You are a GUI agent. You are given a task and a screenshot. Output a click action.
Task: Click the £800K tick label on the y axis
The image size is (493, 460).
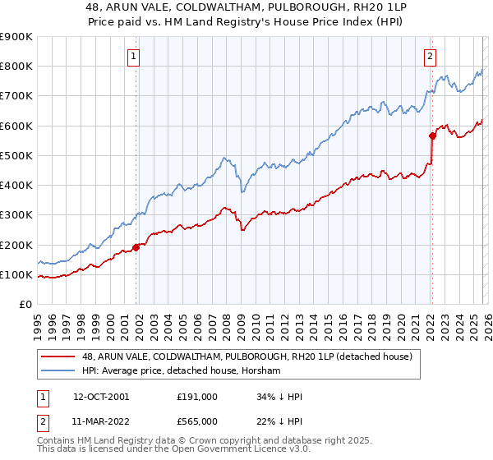coord(16,67)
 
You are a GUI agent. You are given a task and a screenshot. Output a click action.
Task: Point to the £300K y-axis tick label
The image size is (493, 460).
coord(16,215)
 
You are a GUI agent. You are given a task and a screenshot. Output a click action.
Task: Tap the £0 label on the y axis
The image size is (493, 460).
coord(25,305)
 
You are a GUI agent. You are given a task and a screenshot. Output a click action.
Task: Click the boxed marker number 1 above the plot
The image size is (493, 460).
coord(133,57)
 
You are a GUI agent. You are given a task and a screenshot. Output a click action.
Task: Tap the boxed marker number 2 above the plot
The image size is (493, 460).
coord(430,57)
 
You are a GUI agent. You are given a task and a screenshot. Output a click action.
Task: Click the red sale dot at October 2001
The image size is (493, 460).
coord(136,247)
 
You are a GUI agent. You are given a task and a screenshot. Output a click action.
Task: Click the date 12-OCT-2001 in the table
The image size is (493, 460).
coord(101,397)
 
